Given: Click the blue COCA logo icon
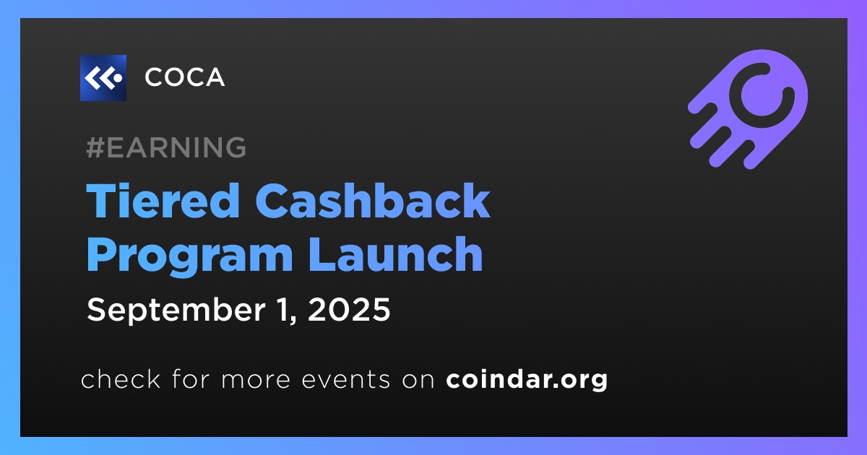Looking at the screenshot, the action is click(103, 78).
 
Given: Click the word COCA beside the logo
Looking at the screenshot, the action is click(185, 77).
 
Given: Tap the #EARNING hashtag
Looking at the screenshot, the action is click(166, 147).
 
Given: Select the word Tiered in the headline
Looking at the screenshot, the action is click(163, 201).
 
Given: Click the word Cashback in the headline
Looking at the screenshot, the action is click(372, 201).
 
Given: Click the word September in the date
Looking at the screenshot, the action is click(176, 311).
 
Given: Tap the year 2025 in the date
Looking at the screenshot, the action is click(349, 310).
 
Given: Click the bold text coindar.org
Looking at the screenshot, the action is click(527, 380).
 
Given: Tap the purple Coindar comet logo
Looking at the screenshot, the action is click(748, 109).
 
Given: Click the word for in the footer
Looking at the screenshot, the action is click(191, 378).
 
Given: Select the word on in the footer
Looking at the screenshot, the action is click(418, 380).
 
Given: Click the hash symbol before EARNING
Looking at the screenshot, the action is click(95, 147).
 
